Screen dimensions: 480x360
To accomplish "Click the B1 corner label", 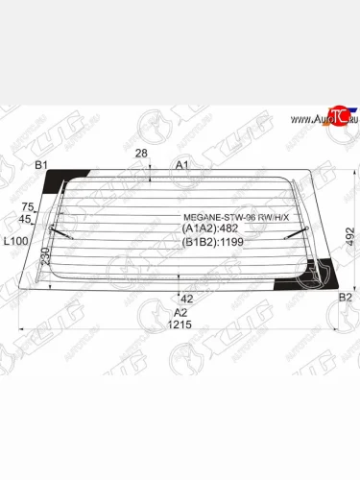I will coord(41,166).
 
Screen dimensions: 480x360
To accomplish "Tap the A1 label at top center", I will coord(180,166).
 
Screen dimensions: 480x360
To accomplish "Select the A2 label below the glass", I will coord(180,313).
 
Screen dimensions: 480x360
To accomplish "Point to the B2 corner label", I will coord(346,299).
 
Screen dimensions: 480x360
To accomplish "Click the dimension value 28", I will coord(142,154).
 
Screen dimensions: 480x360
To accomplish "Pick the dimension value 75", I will coord(28,207).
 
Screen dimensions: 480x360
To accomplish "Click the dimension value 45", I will coord(28,219).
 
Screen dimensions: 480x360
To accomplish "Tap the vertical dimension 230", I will coord(44,257).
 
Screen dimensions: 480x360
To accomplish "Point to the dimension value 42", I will coord(187,299).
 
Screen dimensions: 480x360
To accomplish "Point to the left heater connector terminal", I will coord(62,231).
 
